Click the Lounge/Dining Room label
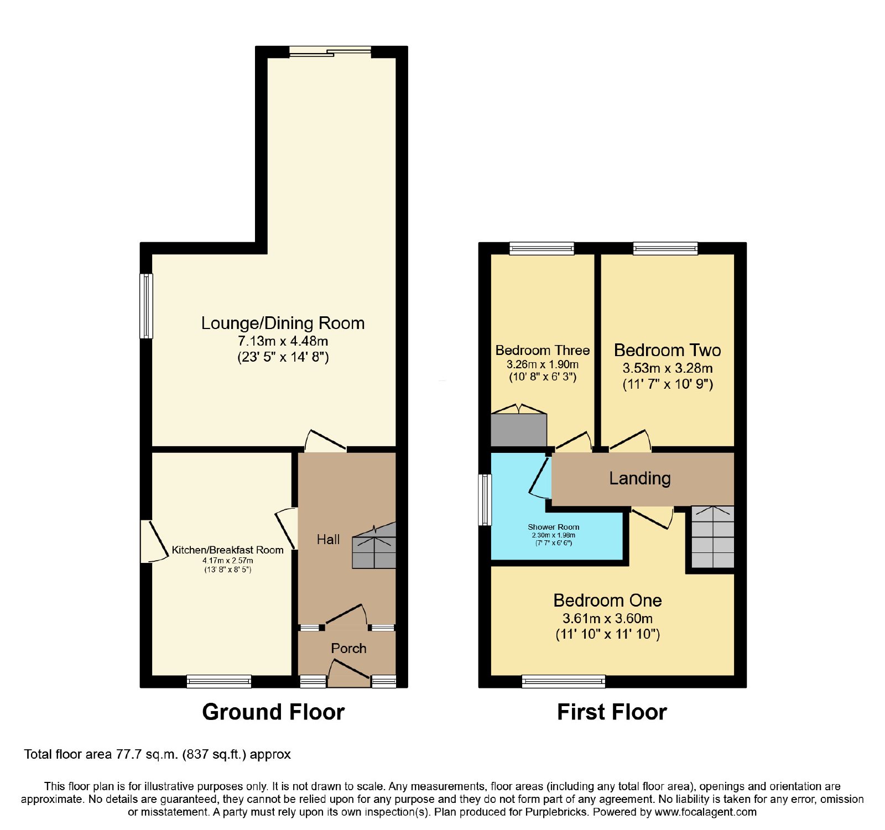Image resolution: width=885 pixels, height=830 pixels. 283,323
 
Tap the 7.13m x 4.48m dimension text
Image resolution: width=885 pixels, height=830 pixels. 283,341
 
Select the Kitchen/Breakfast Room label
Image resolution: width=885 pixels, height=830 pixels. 227,550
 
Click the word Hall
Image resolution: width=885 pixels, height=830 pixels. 328,540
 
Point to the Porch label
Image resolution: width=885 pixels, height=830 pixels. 348,648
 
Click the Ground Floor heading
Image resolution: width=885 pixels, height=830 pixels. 273,712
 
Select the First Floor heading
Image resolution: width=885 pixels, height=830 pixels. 612,712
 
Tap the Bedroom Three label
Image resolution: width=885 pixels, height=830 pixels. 543,351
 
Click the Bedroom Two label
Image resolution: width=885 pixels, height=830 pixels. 668,351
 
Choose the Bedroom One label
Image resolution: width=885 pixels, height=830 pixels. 607,601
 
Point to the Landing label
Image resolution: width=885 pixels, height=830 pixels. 640,478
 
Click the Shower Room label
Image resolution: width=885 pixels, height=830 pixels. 554,527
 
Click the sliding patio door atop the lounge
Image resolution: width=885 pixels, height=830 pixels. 330,52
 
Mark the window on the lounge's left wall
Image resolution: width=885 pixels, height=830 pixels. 146,306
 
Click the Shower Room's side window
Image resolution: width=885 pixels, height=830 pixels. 485,500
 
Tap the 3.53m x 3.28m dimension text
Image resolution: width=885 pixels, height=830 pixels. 668,368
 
